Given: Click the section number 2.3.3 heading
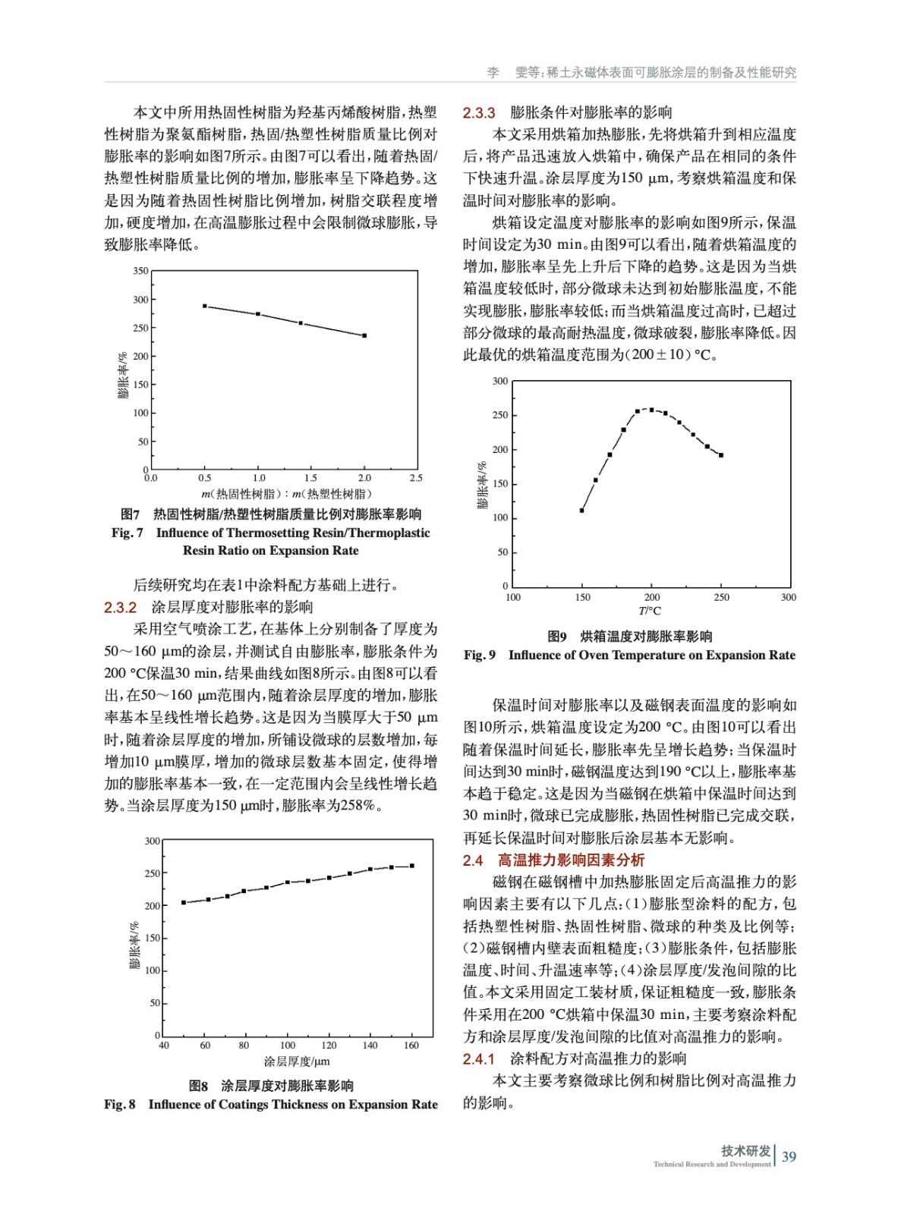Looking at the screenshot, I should (479, 113).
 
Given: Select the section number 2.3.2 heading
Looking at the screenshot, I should (120, 607).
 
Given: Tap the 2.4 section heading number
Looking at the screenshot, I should (473, 860).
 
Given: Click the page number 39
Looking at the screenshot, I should (789, 1156).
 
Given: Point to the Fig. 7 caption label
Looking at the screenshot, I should (127, 533).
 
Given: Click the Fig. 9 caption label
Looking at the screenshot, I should (480, 655).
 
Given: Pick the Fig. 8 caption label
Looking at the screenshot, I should (119, 1104).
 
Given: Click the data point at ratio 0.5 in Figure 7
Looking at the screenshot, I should (205, 306).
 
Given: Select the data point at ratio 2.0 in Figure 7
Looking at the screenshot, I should (364, 335).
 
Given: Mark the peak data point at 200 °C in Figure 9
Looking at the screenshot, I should (651, 410).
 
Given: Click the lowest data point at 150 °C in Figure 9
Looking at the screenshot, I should (582, 511).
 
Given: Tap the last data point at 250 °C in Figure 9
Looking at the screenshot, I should (721, 455).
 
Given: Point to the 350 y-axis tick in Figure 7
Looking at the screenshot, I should (140, 271).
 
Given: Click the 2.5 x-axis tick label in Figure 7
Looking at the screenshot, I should (416, 478).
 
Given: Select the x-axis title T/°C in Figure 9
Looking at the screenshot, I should (650, 611).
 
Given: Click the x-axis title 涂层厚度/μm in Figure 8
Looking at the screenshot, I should (296, 1061).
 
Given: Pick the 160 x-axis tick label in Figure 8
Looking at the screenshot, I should (411, 1046).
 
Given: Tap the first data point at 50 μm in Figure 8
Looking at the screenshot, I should (184, 902).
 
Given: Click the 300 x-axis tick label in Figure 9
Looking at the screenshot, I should (789, 598).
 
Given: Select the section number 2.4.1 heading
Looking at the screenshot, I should (479, 1058).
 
